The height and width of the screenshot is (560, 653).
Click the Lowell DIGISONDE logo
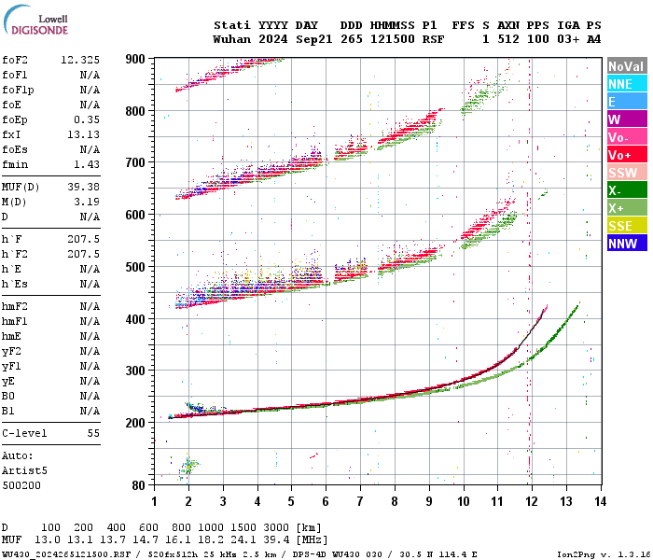[38, 24]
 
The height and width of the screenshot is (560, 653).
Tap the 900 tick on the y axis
[136, 59]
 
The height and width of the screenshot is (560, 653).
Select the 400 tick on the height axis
[136, 319]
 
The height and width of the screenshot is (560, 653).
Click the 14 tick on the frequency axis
[601, 501]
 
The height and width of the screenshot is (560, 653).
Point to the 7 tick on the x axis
[360, 501]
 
